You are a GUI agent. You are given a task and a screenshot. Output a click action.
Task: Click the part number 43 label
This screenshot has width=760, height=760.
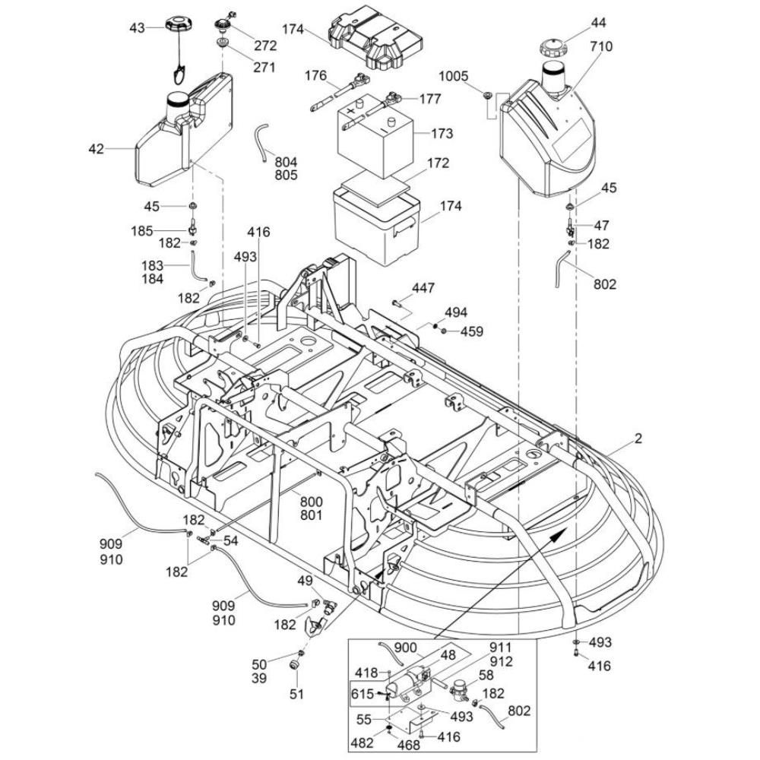click(136, 28)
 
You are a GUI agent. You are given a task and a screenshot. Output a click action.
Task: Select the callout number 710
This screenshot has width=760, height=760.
click(600, 46)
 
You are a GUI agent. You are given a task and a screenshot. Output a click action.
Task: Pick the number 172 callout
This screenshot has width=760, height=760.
click(438, 163)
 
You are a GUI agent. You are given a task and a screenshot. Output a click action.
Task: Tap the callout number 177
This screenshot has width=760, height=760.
click(430, 99)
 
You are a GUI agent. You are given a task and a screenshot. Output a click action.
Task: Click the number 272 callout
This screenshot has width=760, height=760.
click(265, 46)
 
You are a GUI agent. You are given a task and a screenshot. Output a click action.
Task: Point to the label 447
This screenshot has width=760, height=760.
click(424, 287)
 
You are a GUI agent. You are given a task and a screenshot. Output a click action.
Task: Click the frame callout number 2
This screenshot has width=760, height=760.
click(638, 438)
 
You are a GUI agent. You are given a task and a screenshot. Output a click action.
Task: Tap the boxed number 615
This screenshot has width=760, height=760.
click(362, 694)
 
